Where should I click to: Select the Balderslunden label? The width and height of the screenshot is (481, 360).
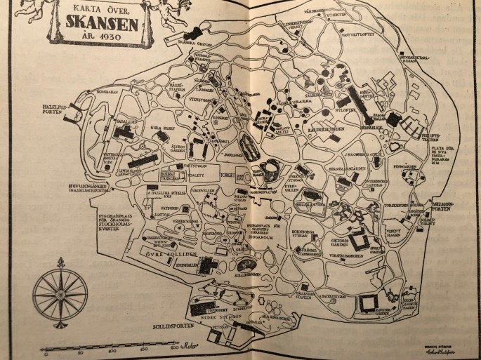point(324,131)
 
